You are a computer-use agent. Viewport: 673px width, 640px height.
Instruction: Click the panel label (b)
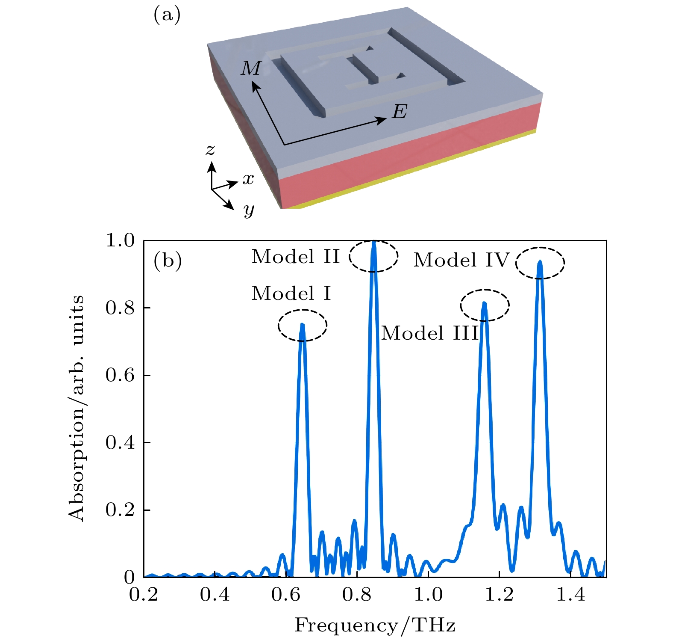(x=168, y=260)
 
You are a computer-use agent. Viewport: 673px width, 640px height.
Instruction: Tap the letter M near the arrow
(x=251, y=68)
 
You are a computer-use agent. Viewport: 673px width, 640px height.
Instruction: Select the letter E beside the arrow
(x=400, y=112)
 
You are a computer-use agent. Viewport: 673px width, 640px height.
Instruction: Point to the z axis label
(x=210, y=150)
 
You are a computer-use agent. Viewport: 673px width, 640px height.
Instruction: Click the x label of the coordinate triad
(x=248, y=179)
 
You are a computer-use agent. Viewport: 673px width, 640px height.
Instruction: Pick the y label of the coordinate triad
(x=249, y=210)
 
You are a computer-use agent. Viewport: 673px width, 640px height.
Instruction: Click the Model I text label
(x=291, y=293)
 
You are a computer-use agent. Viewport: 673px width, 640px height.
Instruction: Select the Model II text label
(x=296, y=257)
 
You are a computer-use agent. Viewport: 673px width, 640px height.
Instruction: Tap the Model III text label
(x=430, y=333)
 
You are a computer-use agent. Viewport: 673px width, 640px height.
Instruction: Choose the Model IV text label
(x=462, y=260)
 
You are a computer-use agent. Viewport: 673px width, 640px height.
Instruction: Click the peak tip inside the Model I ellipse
(x=303, y=325)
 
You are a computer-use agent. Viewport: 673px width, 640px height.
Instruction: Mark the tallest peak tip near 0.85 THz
(x=374, y=242)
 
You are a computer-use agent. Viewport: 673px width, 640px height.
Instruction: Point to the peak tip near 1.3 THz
(x=540, y=262)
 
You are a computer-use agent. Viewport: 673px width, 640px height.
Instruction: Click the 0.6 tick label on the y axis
(x=120, y=375)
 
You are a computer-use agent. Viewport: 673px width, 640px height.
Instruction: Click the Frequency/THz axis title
(x=375, y=625)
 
